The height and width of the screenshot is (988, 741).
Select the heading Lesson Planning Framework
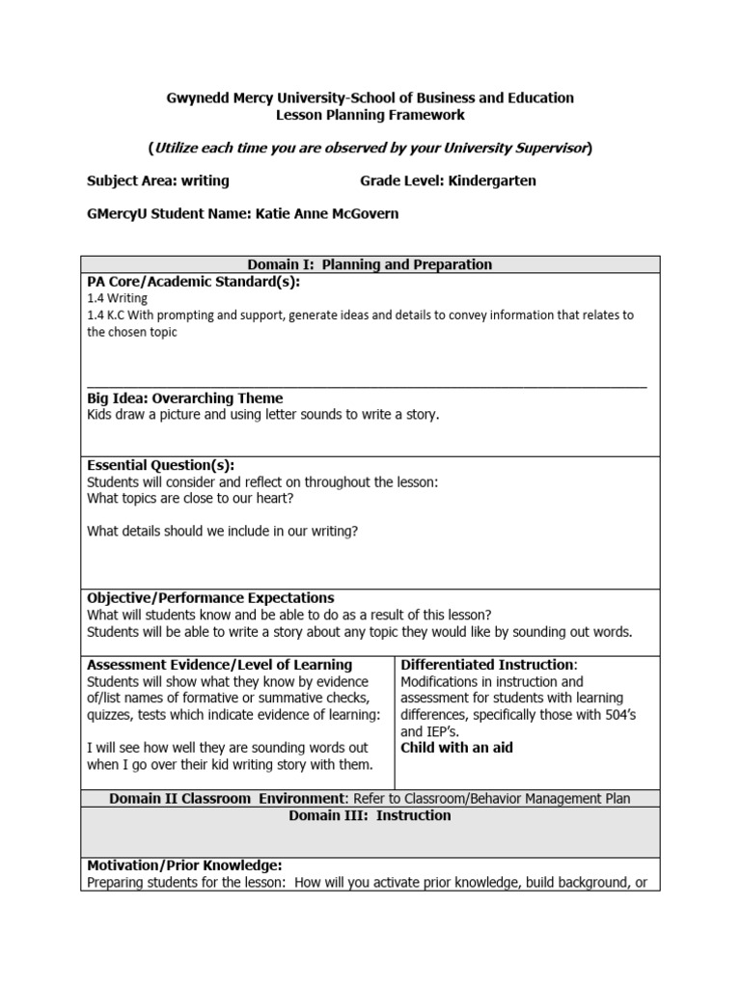click(370, 115)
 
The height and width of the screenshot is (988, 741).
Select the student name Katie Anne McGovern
click(327, 213)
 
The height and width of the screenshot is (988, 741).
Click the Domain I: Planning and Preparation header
click(370, 264)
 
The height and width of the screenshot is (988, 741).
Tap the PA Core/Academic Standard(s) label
click(193, 281)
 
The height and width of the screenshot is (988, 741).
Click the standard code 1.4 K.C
click(108, 316)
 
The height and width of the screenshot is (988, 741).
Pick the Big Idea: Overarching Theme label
click(184, 398)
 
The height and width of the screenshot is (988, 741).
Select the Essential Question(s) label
click(160, 465)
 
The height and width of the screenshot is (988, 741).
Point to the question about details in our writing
click(222, 530)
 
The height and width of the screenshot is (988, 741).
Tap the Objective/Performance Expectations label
click(210, 598)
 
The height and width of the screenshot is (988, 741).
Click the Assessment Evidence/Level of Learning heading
click(219, 665)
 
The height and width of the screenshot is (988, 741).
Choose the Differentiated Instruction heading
click(488, 665)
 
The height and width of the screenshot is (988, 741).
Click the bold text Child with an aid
click(456, 748)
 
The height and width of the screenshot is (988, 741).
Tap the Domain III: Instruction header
click(370, 815)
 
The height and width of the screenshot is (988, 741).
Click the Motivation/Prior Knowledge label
click(184, 865)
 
